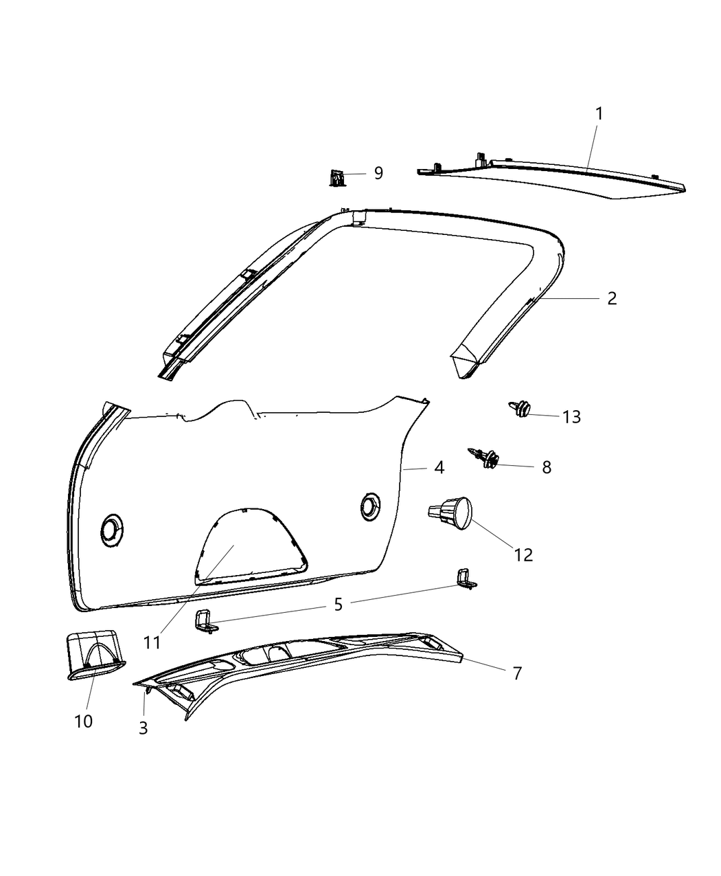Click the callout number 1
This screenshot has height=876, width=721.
pyautogui.click(x=599, y=114)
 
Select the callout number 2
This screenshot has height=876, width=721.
pyautogui.click(x=611, y=298)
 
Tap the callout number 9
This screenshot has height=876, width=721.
pyautogui.click(x=378, y=173)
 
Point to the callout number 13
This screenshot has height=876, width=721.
pyautogui.click(x=571, y=417)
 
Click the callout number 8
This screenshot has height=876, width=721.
pyautogui.click(x=547, y=467)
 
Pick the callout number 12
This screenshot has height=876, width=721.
pyautogui.click(x=523, y=554)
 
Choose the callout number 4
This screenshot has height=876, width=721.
pyautogui.click(x=439, y=468)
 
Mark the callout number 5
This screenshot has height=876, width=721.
pyautogui.click(x=338, y=605)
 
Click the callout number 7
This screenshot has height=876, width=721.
pyautogui.click(x=517, y=673)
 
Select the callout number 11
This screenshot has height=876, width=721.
pyautogui.click(x=152, y=642)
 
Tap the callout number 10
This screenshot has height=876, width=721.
pyautogui.click(x=84, y=721)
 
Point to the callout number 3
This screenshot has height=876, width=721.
pyautogui.click(x=143, y=728)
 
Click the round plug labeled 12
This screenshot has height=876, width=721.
pyautogui.click(x=453, y=515)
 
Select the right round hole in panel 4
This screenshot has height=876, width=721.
pyautogui.click(x=371, y=506)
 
